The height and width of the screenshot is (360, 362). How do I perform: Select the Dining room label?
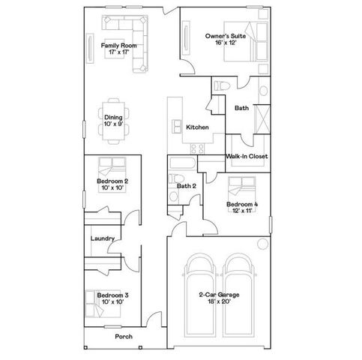(x=113, y=117)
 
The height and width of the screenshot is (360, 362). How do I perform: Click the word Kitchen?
(x=196, y=127)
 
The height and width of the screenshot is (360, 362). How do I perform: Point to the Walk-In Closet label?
(x=247, y=156)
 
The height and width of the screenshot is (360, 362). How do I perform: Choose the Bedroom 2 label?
(x=112, y=181)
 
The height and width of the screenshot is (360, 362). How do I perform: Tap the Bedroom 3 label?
(x=112, y=295)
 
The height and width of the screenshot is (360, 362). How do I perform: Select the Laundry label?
(x=102, y=238)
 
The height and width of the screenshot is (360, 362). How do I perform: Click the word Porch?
(x=124, y=337)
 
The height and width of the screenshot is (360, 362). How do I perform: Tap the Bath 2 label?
(x=186, y=186)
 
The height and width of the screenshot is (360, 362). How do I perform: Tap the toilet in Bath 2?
(x=174, y=196)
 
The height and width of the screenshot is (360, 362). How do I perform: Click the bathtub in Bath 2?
(x=184, y=163)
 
